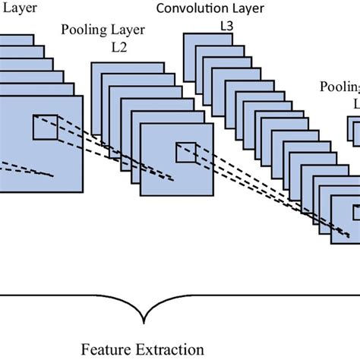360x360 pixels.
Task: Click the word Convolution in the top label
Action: (x=188, y=8)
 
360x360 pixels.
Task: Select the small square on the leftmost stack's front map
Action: (x=43, y=127)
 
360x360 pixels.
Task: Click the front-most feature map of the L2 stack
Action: (x=175, y=163)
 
